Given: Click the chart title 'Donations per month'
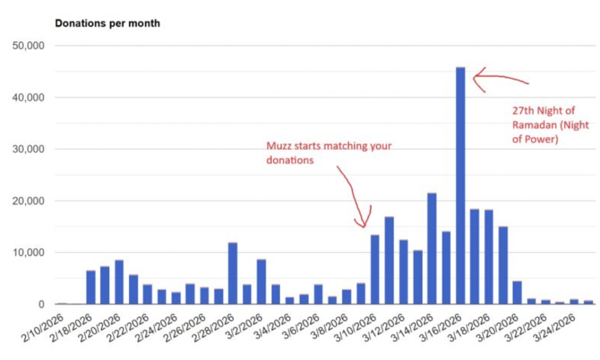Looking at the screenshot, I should [x=107, y=24].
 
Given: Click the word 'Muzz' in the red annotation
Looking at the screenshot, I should [x=279, y=146].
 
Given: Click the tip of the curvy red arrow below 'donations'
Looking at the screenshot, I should [x=364, y=226].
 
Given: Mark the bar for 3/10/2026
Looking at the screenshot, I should [x=375, y=270].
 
